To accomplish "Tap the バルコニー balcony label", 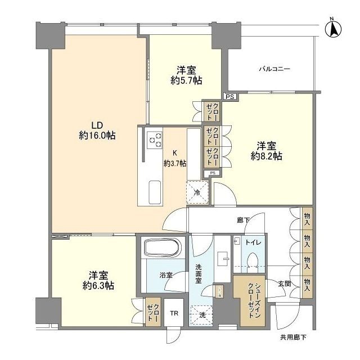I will [x=274, y=69].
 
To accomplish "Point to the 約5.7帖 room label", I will [x=186, y=75].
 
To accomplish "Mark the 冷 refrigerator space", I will [x=197, y=191].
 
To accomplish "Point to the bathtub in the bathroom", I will [x=161, y=248].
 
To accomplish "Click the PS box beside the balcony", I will [x=229, y=97].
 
